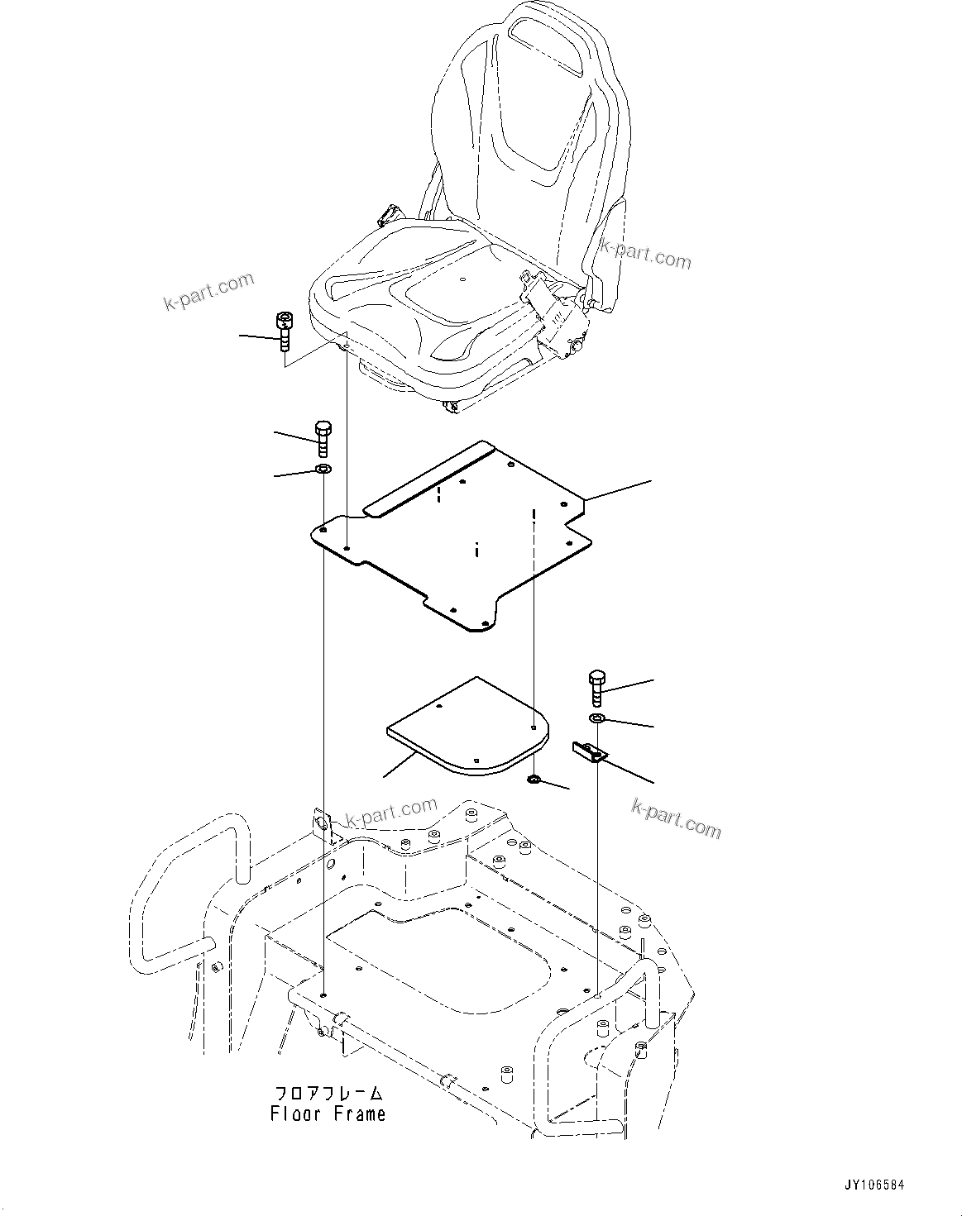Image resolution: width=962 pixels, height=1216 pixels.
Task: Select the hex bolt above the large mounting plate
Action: [x=323, y=438]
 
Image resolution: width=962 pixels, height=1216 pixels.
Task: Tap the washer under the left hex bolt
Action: [x=323, y=470]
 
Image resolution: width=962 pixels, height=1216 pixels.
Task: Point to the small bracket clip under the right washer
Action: [x=590, y=751]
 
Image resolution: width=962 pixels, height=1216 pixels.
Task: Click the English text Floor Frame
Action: [x=328, y=1114]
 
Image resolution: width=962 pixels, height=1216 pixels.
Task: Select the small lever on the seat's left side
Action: [x=387, y=216]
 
